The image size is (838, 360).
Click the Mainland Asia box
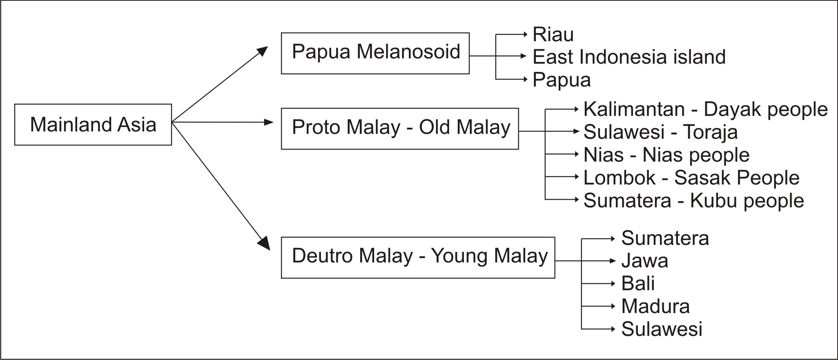coord(93,124)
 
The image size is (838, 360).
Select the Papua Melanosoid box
coord(375,53)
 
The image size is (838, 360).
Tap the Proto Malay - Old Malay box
coord(400,129)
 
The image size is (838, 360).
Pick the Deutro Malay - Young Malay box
coord(418,257)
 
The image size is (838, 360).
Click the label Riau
coord(553,35)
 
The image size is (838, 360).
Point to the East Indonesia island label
coord(629,57)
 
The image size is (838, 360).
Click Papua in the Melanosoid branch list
coord(562,80)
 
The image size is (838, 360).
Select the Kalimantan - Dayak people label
coord(705,109)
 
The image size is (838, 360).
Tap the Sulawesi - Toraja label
coord(660,132)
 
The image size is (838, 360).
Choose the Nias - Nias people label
coord(666,155)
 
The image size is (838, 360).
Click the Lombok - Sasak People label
coord(691,178)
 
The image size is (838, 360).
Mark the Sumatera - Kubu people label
coord(693,200)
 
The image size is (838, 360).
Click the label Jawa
coord(644,261)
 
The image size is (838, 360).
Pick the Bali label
coord(638,283)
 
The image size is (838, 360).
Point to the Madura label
coord(655,306)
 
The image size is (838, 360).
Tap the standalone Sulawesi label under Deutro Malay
coord(662,329)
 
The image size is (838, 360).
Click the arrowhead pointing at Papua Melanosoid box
coord(263,51)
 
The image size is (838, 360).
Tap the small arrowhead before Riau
coord(526,35)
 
